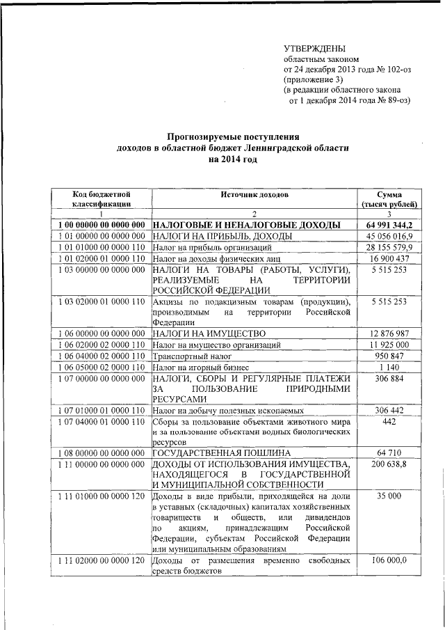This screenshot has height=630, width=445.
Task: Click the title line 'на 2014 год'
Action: [x=232, y=159]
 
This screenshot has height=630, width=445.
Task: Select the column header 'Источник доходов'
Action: [x=254, y=194]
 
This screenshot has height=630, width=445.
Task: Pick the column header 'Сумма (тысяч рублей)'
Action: [x=389, y=200]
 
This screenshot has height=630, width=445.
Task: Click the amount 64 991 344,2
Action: [x=389, y=226]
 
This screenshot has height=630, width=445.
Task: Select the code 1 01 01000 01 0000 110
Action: [x=102, y=248]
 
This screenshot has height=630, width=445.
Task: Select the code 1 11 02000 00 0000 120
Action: [x=102, y=560]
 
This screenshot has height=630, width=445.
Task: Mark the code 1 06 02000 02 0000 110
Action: [x=102, y=345]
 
